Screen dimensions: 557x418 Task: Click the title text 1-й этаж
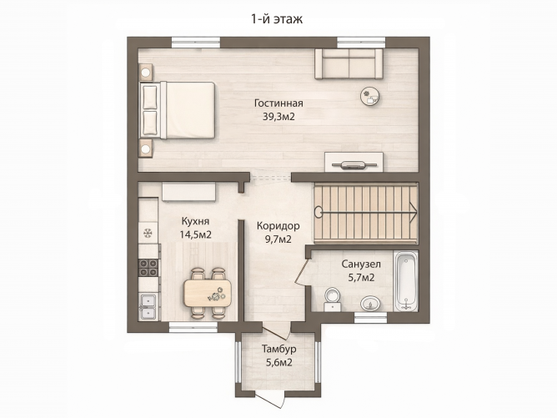[x=277, y=18]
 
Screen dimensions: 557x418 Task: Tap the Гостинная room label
[x=278, y=103]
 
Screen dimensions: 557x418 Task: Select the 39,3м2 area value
[x=278, y=116]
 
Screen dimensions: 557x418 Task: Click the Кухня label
[x=195, y=221]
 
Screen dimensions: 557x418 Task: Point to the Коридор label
[x=278, y=226]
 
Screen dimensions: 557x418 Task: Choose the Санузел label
[x=361, y=264]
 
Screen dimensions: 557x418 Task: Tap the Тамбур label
[x=278, y=349]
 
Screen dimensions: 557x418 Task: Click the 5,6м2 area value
[x=278, y=362]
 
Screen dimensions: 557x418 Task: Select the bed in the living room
[x=178, y=110]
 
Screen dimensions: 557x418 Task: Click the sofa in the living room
[x=349, y=64]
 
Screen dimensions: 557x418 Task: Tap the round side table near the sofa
[x=371, y=96]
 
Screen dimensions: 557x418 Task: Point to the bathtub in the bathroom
[x=407, y=281]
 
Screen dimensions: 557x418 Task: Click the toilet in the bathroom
[x=333, y=298]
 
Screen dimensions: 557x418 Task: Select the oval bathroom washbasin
[x=370, y=304]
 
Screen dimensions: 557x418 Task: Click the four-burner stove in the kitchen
[x=148, y=268]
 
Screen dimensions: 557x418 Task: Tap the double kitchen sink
[x=148, y=306]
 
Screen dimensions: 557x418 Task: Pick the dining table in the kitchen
[x=208, y=293]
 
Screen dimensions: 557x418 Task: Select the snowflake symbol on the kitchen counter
[x=148, y=233]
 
